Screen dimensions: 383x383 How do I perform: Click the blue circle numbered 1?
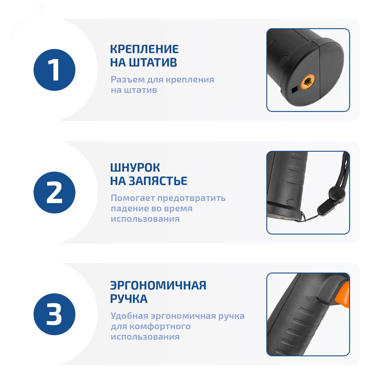pos(54,70)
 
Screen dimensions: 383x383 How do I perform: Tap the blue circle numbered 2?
pos(54,192)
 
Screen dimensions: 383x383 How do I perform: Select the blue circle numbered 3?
pos(54,314)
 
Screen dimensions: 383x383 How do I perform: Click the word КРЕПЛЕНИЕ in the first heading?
pos(144,49)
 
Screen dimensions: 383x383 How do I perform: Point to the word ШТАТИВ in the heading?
pos(153,62)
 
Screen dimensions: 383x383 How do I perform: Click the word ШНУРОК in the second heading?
pos(135,167)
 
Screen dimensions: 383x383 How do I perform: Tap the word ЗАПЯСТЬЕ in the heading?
pos(158,181)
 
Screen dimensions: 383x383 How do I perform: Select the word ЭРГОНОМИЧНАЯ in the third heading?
pos(158,285)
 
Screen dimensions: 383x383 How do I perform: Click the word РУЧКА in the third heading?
pos(129,299)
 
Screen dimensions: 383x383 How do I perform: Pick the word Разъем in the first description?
pos(128,80)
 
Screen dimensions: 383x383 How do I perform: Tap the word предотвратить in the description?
pos(191,198)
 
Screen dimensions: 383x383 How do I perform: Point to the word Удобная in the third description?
pos(129,316)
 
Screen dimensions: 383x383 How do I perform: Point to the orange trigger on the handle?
pos(343,298)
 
